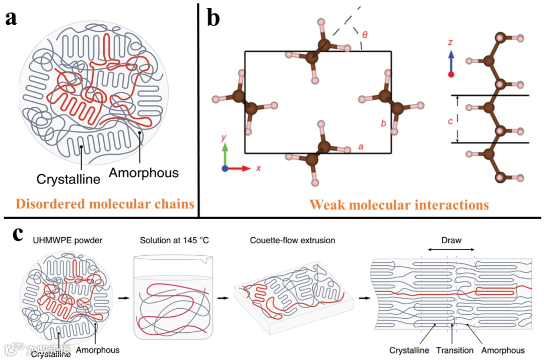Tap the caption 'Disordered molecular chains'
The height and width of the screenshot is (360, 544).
105,204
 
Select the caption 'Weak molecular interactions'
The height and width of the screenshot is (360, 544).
398,204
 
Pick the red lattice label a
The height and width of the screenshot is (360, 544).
361,147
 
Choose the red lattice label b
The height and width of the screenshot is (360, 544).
384,124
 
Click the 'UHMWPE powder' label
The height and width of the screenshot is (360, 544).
64,240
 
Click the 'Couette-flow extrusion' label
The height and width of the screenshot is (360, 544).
293,240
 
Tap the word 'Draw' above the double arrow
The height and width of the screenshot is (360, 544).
451,240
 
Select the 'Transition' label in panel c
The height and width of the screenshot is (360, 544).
455,350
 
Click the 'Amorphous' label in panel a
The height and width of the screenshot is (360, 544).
144,173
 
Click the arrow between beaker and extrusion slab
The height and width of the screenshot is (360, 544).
221,298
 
